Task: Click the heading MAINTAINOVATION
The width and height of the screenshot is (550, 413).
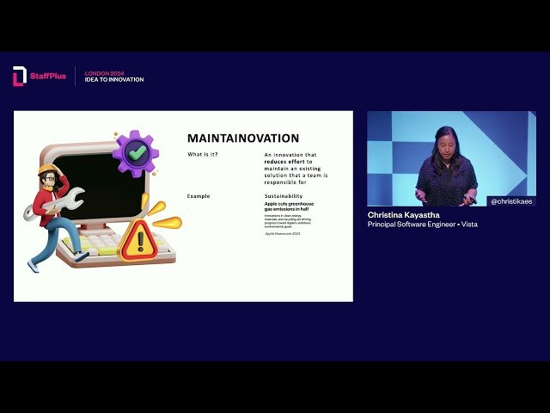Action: click(243, 138)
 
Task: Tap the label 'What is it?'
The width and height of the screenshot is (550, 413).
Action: click(203, 154)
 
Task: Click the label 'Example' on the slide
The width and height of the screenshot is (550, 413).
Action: click(199, 196)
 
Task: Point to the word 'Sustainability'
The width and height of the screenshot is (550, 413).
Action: click(284, 196)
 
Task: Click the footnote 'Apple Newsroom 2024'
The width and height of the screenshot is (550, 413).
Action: click(283, 233)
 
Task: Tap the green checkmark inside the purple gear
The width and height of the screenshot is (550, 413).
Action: click(135, 153)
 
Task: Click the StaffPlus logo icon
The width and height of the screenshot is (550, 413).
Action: click(19, 77)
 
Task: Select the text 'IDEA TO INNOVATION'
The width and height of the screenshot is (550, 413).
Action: click(114, 80)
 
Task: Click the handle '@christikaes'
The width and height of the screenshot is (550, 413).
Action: click(510, 201)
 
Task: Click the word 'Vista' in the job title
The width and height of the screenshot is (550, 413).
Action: click(468, 225)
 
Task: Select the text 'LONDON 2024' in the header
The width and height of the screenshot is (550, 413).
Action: click(104, 73)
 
